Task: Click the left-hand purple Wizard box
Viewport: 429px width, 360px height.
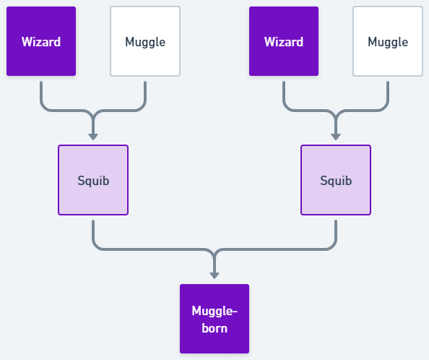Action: (41, 41)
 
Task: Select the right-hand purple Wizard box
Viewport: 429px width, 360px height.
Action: (284, 41)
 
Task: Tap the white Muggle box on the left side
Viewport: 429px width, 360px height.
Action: (145, 41)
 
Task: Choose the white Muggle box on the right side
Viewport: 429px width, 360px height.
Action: (388, 41)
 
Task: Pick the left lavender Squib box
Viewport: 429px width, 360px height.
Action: (93, 180)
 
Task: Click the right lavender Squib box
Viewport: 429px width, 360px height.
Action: (336, 180)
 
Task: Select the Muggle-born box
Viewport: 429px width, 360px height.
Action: (214, 319)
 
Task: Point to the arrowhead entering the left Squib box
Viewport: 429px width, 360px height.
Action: (93, 137)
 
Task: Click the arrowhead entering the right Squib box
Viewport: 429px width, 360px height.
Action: (336, 137)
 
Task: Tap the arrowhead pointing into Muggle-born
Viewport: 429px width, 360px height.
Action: (214, 275)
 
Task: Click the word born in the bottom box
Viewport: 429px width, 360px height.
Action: (214, 328)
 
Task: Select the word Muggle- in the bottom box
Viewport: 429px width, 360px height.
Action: (214, 312)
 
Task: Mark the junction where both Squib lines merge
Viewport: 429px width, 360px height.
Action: (214, 252)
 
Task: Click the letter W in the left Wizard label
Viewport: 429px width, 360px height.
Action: (27, 42)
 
